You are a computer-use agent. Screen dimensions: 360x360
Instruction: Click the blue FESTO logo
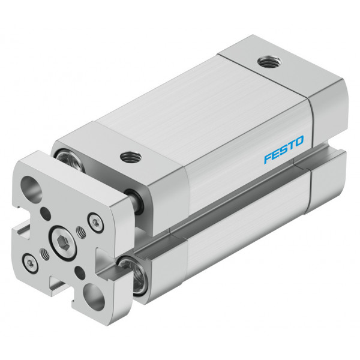pyautogui.click(x=284, y=149)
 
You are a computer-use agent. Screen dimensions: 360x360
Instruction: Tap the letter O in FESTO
pyautogui.click(x=298, y=141)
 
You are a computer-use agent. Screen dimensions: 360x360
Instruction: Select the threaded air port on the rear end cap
pyautogui.click(x=269, y=62)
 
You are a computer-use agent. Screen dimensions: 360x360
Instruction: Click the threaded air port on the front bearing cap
pyautogui.click(x=131, y=157)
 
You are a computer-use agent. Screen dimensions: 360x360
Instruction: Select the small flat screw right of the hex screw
pyautogui.click(x=95, y=223)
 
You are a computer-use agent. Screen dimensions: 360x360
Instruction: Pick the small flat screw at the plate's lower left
pyautogui.click(x=30, y=264)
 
